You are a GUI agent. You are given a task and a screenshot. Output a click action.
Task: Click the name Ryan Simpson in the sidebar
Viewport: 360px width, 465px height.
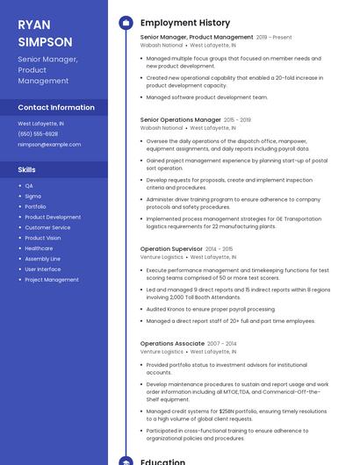(45, 32)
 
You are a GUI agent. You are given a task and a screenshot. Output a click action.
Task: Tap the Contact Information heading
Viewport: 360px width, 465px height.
(56, 107)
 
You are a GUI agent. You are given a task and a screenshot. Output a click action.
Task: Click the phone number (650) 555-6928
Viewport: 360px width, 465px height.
(38, 133)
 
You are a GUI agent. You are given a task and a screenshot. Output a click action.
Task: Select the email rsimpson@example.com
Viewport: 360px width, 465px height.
(49, 144)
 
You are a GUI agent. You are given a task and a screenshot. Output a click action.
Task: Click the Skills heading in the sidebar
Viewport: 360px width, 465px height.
(27, 168)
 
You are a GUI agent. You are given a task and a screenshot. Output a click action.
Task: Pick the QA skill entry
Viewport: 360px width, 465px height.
(29, 186)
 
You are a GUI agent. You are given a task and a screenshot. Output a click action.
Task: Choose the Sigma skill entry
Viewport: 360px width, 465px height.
(32, 197)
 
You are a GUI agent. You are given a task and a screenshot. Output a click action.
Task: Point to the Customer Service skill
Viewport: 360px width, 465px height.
(47, 227)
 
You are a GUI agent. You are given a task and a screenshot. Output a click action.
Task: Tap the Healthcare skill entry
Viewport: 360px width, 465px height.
(39, 248)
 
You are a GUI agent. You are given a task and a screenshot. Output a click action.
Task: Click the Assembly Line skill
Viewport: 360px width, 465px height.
(42, 259)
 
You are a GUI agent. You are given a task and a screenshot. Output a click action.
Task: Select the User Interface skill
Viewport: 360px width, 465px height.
(42, 269)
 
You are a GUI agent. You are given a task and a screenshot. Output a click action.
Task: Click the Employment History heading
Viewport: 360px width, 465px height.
(185, 23)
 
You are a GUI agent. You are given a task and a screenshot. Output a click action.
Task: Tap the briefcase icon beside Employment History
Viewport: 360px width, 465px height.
(126, 23)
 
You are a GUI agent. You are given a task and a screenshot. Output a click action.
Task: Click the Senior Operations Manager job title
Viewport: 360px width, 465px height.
(181, 119)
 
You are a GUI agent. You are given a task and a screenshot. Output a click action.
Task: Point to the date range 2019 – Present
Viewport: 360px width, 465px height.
(274, 38)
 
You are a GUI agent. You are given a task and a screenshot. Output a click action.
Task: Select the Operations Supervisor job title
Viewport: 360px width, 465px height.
(171, 249)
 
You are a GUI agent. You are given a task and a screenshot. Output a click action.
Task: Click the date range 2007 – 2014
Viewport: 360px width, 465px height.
(222, 343)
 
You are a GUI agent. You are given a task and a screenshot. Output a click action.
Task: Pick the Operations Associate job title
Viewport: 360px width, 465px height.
(172, 343)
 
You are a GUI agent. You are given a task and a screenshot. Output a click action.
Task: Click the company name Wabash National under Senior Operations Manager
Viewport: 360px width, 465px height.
(162, 128)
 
